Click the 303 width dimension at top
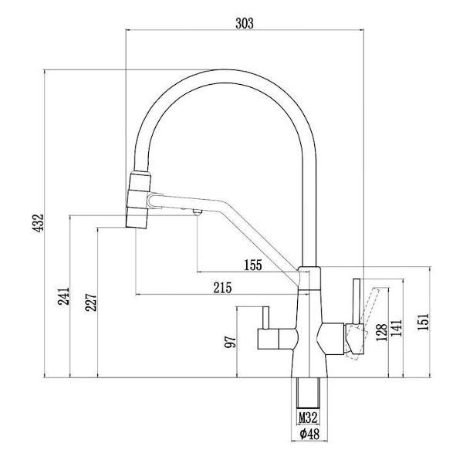pos(243,24)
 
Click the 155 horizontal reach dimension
pos(252,265)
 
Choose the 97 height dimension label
pos(229,342)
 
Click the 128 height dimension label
pos(380,332)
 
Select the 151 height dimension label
pos(422,321)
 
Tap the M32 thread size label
pos(308,418)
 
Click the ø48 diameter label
pos(308,435)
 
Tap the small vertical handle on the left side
pos(263,319)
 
